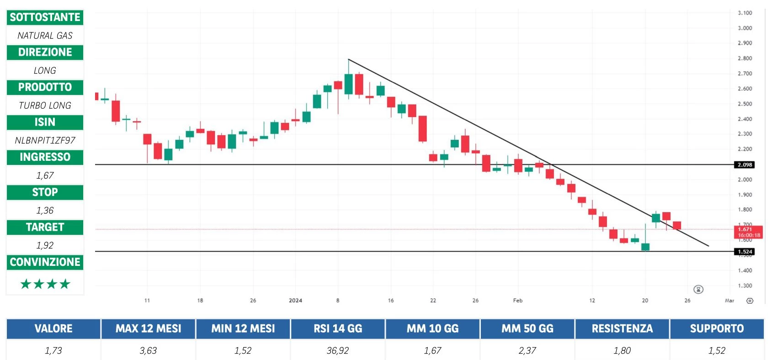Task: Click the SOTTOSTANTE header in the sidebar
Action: coord(45,17)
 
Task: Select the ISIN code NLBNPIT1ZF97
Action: coord(45,140)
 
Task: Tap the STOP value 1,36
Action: coord(45,211)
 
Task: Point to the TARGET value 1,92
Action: coord(45,245)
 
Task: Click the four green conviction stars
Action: coord(45,284)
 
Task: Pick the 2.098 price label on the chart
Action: coord(745,164)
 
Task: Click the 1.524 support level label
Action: coord(745,252)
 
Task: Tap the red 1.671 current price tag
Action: coord(748,232)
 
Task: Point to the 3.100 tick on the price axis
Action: coord(745,13)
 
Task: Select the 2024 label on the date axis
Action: coord(295,301)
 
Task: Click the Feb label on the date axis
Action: coord(517,301)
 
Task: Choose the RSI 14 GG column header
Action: coord(338,328)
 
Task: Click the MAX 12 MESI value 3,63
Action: coord(148,350)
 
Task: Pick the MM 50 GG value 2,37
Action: coord(527,350)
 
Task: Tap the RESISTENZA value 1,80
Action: coord(622,350)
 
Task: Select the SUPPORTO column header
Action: coord(717,328)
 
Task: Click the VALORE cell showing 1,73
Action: coord(53,350)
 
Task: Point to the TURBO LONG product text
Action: coord(45,106)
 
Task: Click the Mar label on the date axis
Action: coord(729,301)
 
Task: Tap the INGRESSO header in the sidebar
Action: coord(45,157)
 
